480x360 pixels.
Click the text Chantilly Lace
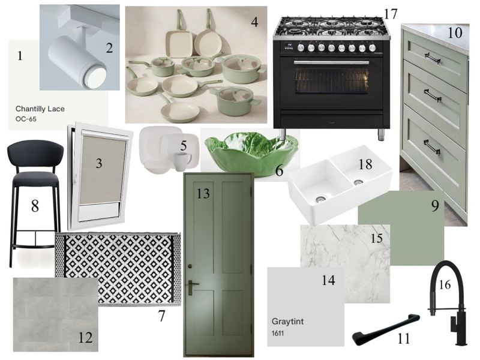40,109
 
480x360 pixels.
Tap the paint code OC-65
26,119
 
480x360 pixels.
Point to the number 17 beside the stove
391,13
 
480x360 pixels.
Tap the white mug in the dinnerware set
182,159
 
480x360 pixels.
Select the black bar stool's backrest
35,152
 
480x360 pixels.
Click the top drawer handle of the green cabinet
432,58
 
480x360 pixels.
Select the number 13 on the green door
203,193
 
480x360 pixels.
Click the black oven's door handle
331,62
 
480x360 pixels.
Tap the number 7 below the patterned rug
161,316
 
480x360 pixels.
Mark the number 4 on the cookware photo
254,23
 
